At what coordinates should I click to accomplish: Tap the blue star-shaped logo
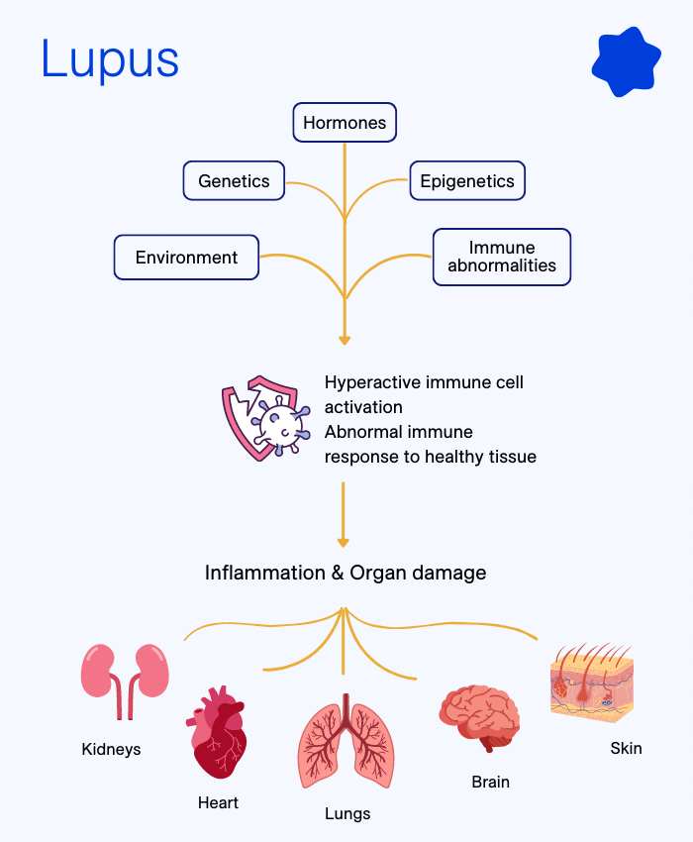tap(626, 61)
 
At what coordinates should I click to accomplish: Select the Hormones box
tap(345, 123)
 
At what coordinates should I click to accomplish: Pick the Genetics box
tap(234, 181)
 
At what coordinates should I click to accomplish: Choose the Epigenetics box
tap(466, 181)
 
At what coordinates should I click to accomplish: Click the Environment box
tap(186, 258)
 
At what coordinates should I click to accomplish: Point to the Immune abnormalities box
tap(502, 258)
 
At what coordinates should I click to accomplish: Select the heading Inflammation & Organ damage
tap(346, 573)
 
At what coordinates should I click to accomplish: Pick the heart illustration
tap(217, 732)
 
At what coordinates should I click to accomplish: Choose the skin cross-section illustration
tap(591, 683)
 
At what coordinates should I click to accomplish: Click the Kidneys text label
tap(111, 749)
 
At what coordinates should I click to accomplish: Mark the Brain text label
tap(490, 782)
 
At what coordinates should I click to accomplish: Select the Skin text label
tap(626, 748)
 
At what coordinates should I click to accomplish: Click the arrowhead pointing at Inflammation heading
tap(344, 542)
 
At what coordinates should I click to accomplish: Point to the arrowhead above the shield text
tap(345, 340)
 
